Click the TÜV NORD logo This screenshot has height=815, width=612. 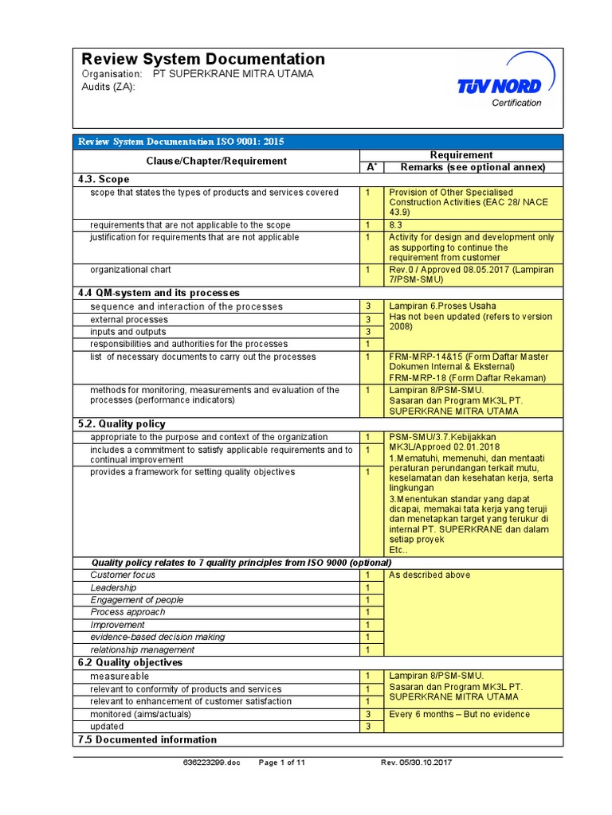point(499,84)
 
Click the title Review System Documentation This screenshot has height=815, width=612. point(203,59)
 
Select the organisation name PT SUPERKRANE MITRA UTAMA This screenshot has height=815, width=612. point(233,74)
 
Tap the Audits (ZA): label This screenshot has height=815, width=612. point(109,87)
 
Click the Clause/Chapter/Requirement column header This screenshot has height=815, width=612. point(216,161)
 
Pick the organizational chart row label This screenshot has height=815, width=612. point(131,270)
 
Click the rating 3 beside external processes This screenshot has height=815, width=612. point(368,319)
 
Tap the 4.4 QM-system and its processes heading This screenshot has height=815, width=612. point(159,293)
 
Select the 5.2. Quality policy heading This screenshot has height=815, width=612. point(121,424)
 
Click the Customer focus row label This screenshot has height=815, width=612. point(123,575)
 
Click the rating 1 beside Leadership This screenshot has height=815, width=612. point(368,587)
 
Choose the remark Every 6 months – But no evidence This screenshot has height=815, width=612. point(459,714)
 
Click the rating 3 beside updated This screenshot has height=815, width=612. point(368,727)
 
